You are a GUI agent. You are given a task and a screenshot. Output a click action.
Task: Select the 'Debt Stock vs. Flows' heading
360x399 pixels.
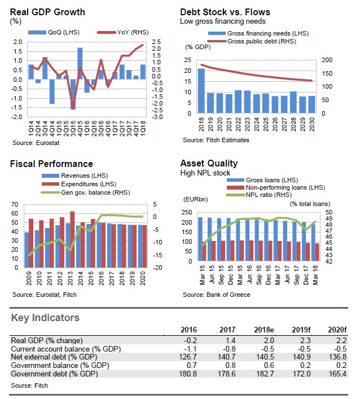pyautogui.click(x=225, y=12)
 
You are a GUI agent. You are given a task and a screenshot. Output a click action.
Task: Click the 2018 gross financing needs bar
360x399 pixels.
pyautogui.click(x=201, y=90)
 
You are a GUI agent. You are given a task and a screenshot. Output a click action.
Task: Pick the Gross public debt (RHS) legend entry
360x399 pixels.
pyautogui.click(x=248, y=41)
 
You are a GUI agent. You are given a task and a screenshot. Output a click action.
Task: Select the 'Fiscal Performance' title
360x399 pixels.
pyautogui.click(x=51, y=164)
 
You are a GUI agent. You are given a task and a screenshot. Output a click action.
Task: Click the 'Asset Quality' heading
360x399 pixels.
pyautogui.click(x=207, y=164)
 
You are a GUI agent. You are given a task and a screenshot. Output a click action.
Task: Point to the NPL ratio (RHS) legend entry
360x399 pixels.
pyautogui.click(x=263, y=195)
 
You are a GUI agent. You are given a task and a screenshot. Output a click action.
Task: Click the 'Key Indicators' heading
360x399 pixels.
pyautogui.click(x=45, y=318)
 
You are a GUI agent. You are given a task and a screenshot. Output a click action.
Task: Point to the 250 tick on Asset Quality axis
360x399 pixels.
pyautogui.click(x=187, y=212)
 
